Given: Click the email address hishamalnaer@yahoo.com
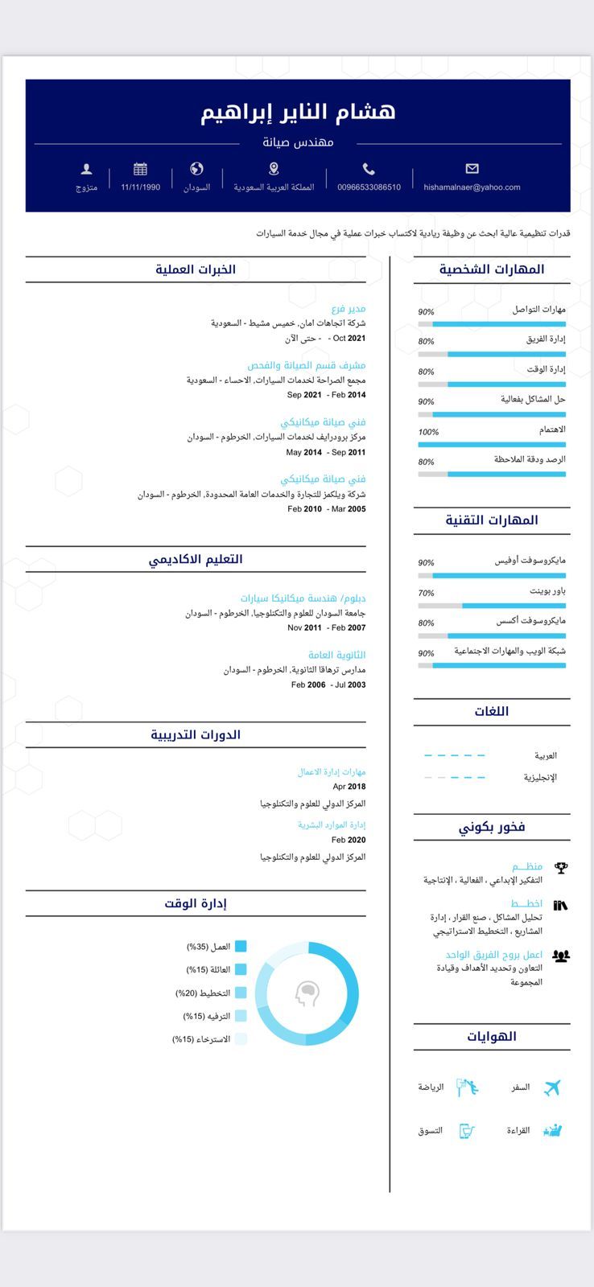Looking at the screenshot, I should point(472,187).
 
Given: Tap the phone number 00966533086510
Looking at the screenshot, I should point(369,187).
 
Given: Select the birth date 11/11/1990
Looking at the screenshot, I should point(141,187).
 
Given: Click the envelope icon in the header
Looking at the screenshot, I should point(472,169).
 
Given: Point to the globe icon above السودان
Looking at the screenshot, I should point(196,169).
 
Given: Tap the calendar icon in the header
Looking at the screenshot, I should point(141,169).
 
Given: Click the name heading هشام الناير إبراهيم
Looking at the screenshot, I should point(298,112).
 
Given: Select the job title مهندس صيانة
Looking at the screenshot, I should point(298,142).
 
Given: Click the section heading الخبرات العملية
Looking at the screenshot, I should point(196,269).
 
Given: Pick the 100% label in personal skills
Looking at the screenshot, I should point(428,432).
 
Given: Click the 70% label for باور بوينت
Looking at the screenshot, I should point(426,594).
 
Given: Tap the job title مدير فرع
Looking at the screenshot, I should point(349,308).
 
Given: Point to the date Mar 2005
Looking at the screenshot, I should point(349,509).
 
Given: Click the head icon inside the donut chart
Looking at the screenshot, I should point(307,994).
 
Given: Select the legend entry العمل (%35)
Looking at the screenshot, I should point(208,947).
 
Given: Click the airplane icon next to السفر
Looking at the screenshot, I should point(551,1088).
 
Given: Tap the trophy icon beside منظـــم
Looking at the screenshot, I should point(561,868).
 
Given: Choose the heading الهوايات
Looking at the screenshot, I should point(492,1037).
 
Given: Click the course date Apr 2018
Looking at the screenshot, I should point(349,787).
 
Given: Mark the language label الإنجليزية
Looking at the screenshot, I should point(540,778).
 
